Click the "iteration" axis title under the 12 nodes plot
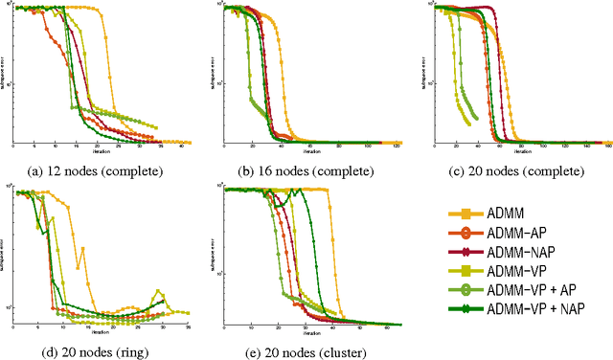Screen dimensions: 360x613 (x=101, y=151)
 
